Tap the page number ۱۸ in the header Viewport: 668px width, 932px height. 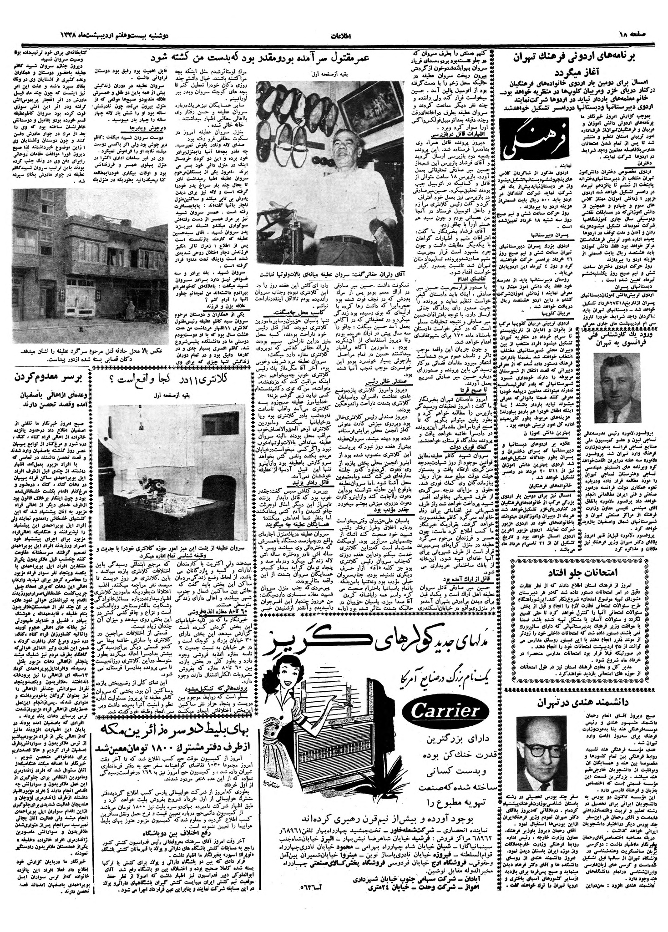tap(648, 35)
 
